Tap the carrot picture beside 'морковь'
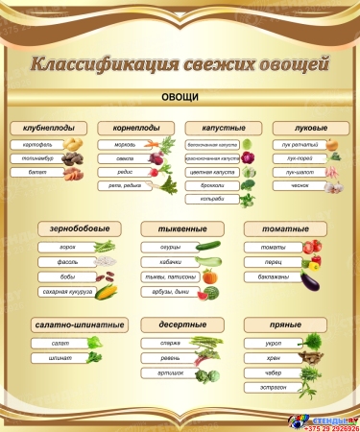(156, 145)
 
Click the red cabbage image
(247, 157)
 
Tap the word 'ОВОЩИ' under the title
(180, 99)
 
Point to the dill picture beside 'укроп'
(311, 342)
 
